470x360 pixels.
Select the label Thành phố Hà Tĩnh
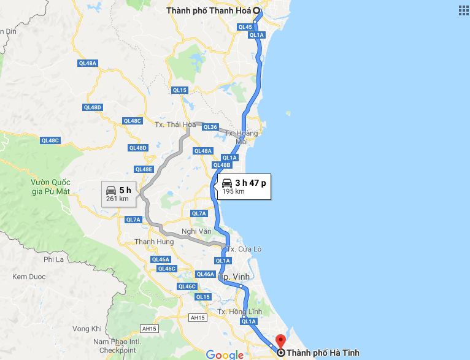(323, 353)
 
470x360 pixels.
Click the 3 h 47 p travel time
(250, 183)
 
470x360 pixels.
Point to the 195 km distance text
(233, 191)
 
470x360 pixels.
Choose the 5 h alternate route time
(125, 190)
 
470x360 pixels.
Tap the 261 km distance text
(117, 198)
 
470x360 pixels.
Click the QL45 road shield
(245, 27)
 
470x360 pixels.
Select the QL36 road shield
(210, 127)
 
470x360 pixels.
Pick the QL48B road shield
(222, 165)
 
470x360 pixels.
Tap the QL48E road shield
(143, 169)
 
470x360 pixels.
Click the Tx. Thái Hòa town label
(170, 124)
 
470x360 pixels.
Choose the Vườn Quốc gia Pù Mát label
(52, 186)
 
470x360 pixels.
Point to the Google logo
(225, 354)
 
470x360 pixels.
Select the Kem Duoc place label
(29, 277)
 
